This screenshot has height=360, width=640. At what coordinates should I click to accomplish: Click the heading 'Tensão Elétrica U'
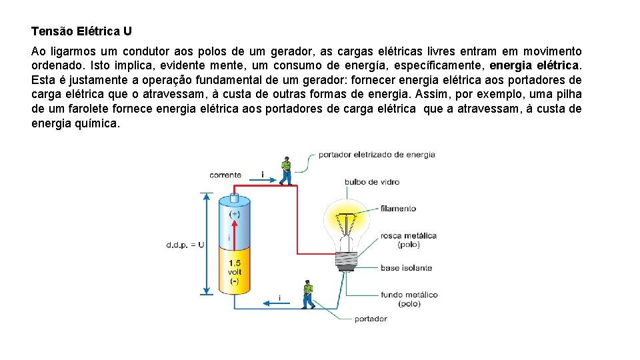pyautogui.click(x=81, y=31)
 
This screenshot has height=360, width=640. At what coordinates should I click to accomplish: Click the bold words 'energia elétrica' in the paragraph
pyautogui.click(x=535, y=66)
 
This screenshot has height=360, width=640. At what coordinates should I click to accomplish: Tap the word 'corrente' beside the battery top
pyautogui.click(x=225, y=175)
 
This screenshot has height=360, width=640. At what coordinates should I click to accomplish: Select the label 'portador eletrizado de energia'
pyautogui.click(x=377, y=155)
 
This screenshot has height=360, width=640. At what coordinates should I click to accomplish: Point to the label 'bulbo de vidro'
pyautogui.click(x=372, y=182)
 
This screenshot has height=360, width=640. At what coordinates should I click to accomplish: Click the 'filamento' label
pyautogui.click(x=398, y=209)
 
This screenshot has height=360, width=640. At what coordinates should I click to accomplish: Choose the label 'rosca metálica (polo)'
pyautogui.click(x=408, y=239)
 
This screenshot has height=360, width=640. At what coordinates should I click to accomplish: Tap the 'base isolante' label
pyautogui.click(x=406, y=268)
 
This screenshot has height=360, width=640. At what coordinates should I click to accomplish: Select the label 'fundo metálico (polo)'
pyautogui.click(x=409, y=299)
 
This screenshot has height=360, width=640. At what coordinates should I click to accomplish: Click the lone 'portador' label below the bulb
pyautogui.click(x=371, y=319)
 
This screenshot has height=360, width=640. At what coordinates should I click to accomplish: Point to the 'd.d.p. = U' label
pyautogui.click(x=185, y=245)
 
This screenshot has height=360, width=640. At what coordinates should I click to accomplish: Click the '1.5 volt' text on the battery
pyautogui.click(x=234, y=267)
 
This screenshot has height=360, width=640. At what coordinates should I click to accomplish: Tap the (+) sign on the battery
pyautogui.click(x=235, y=215)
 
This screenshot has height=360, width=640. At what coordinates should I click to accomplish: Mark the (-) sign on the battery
pyautogui.click(x=234, y=282)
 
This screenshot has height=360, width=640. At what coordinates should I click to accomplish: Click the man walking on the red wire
pyautogui.click(x=286, y=171)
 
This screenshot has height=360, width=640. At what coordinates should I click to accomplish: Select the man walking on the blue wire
pyautogui.click(x=307, y=295)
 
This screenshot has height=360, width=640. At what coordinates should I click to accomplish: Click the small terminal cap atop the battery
pyautogui.click(x=234, y=197)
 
